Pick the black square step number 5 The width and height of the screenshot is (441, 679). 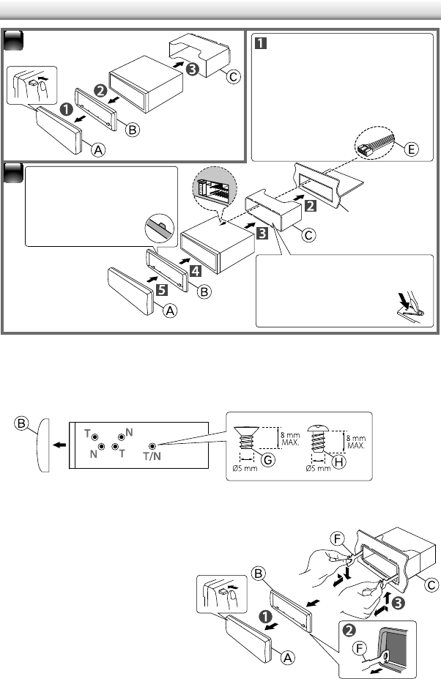[160, 289]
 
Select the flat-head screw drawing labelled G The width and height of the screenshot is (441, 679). [244, 444]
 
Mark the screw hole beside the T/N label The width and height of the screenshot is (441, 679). [151, 445]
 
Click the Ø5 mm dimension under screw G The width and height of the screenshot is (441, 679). [244, 470]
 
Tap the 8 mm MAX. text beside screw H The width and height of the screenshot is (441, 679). [356, 440]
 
